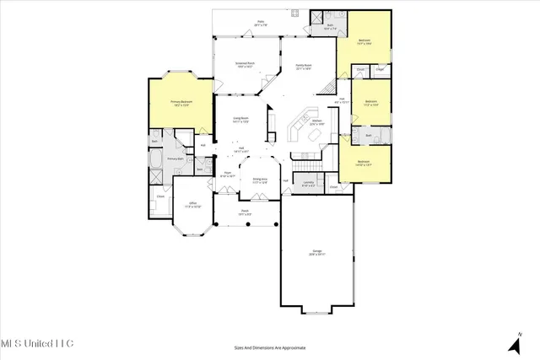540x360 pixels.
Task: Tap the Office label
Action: [x=192, y=204]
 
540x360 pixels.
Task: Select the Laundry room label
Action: [x=310, y=184]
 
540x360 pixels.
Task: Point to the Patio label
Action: [x=261, y=24]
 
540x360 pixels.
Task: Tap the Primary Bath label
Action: [x=175, y=159]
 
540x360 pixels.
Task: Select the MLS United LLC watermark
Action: [x=37, y=343]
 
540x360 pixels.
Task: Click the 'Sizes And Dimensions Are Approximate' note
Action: [x=269, y=347]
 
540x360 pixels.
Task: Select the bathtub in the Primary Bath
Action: [x=158, y=159]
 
